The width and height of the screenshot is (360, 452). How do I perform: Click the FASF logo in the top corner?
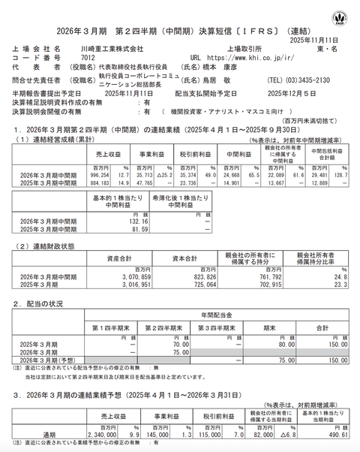(345, 15)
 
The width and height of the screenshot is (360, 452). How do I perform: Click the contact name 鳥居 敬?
(220, 80)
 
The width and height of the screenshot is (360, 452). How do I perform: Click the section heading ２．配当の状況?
(43, 302)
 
